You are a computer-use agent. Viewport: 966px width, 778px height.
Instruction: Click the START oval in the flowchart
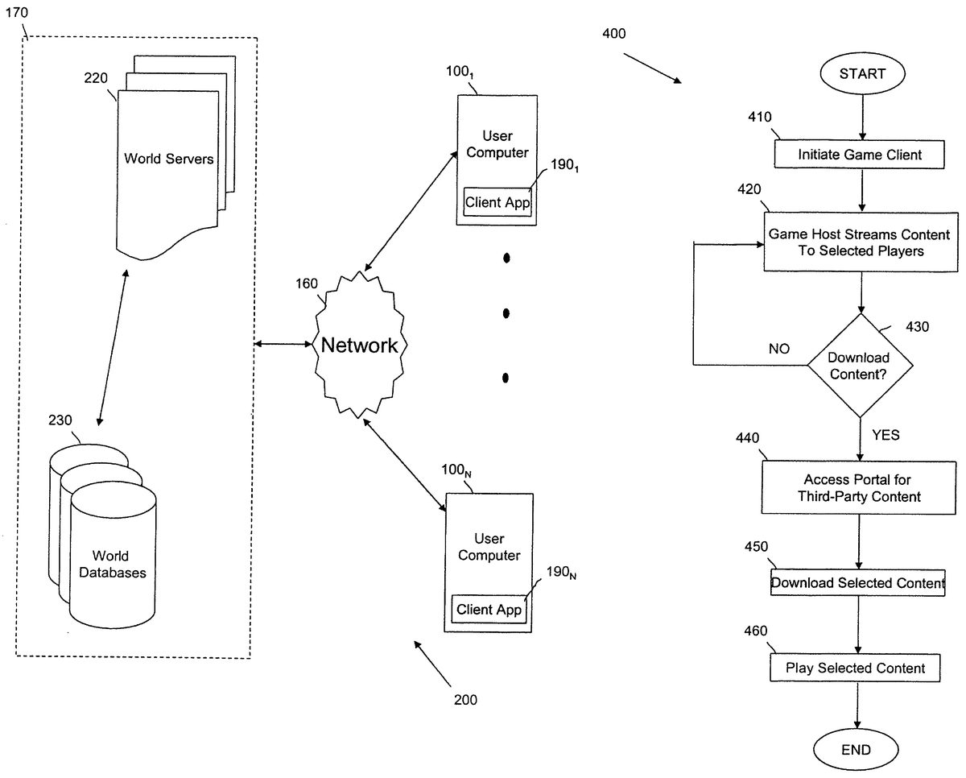pos(861,73)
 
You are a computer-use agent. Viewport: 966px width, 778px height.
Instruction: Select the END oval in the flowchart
pos(855,750)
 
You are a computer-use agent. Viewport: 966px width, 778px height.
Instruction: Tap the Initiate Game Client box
pos(860,155)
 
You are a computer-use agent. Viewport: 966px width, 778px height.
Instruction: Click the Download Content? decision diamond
pos(860,366)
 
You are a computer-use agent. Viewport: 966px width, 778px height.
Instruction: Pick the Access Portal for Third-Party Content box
pos(859,488)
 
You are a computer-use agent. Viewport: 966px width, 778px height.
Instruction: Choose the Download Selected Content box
pos(857,582)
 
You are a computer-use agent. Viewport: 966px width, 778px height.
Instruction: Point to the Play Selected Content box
pos(855,668)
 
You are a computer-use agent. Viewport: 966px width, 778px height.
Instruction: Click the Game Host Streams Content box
pos(859,242)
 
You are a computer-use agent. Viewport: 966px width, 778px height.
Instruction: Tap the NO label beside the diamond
pos(779,350)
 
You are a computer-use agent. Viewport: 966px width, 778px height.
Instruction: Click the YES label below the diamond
pos(885,436)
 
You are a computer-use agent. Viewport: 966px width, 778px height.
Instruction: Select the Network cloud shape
pos(359,346)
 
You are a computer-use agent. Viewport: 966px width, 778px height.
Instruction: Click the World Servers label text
pos(169,159)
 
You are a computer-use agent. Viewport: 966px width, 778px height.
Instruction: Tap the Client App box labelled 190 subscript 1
pos(497,202)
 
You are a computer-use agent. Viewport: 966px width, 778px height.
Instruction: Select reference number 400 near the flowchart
pos(613,34)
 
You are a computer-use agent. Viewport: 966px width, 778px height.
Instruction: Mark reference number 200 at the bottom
pos(465,700)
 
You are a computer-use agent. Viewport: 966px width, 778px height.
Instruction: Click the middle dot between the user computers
pos(506,312)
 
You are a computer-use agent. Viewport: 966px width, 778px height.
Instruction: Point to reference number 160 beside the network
pos(307,283)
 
